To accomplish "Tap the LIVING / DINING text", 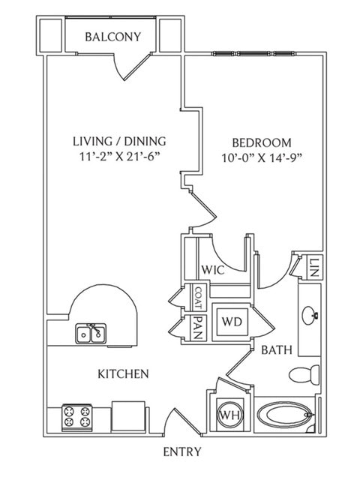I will [119, 140].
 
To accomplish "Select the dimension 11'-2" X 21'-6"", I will [119, 157].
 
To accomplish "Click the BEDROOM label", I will [261, 142].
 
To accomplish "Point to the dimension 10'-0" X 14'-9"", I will [261, 158].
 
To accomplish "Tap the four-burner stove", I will [76, 416].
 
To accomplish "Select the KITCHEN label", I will [122, 373].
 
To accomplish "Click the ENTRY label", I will [181, 451].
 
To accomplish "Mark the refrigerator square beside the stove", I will [128, 415].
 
